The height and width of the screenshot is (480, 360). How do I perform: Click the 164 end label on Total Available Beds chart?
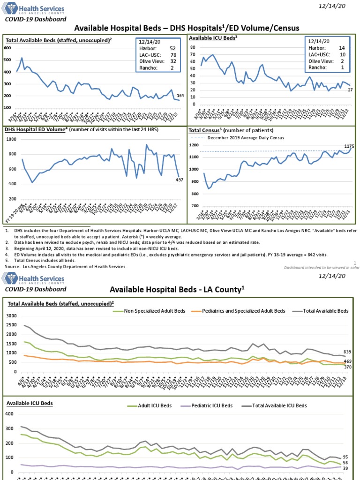(x=180, y=96)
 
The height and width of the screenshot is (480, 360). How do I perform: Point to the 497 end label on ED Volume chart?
(x=180, y=180)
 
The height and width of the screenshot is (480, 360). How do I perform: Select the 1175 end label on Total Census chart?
(x=349, y=146)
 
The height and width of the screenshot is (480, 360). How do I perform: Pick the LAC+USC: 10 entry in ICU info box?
(x=326, y=54)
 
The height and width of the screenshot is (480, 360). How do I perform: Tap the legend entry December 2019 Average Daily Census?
(x=239, y=138)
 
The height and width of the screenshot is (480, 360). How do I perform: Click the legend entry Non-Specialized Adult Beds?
(x=155, y=311)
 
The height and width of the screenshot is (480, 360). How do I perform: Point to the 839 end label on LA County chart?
(x=348, y=352)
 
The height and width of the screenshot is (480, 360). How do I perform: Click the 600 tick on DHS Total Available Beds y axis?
(x=7, y=48)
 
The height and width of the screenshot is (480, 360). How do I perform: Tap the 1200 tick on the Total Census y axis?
(x=194, y=145)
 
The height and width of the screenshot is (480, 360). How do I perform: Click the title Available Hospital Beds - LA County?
(x=178, y=289)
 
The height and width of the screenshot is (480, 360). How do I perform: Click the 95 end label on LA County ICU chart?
(x=345, y=457)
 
